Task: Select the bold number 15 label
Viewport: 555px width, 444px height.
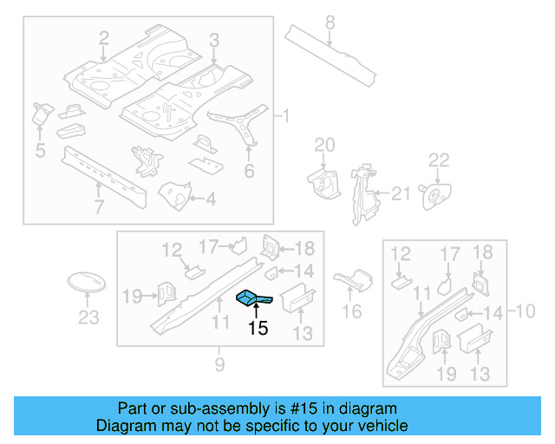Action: click(x=258, y=329)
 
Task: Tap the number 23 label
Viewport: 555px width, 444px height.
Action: click(x=88, y=318)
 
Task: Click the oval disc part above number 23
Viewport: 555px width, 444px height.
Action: click(x=87, y=284)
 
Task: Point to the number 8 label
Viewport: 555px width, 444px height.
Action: click(x=329, y=22)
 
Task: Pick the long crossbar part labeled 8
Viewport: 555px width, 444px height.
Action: click(x=333, y=55)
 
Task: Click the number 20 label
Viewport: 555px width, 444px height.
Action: click(x=323, y=144)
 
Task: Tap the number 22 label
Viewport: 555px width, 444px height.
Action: click(x=440, y=160)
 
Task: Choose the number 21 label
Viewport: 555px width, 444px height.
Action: click(x=400, y=194)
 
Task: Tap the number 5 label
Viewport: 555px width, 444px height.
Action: click(x=40, y=151)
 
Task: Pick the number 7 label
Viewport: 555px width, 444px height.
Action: click(x=98, y=207)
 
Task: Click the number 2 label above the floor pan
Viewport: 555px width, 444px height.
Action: click(x=104, y=38)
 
